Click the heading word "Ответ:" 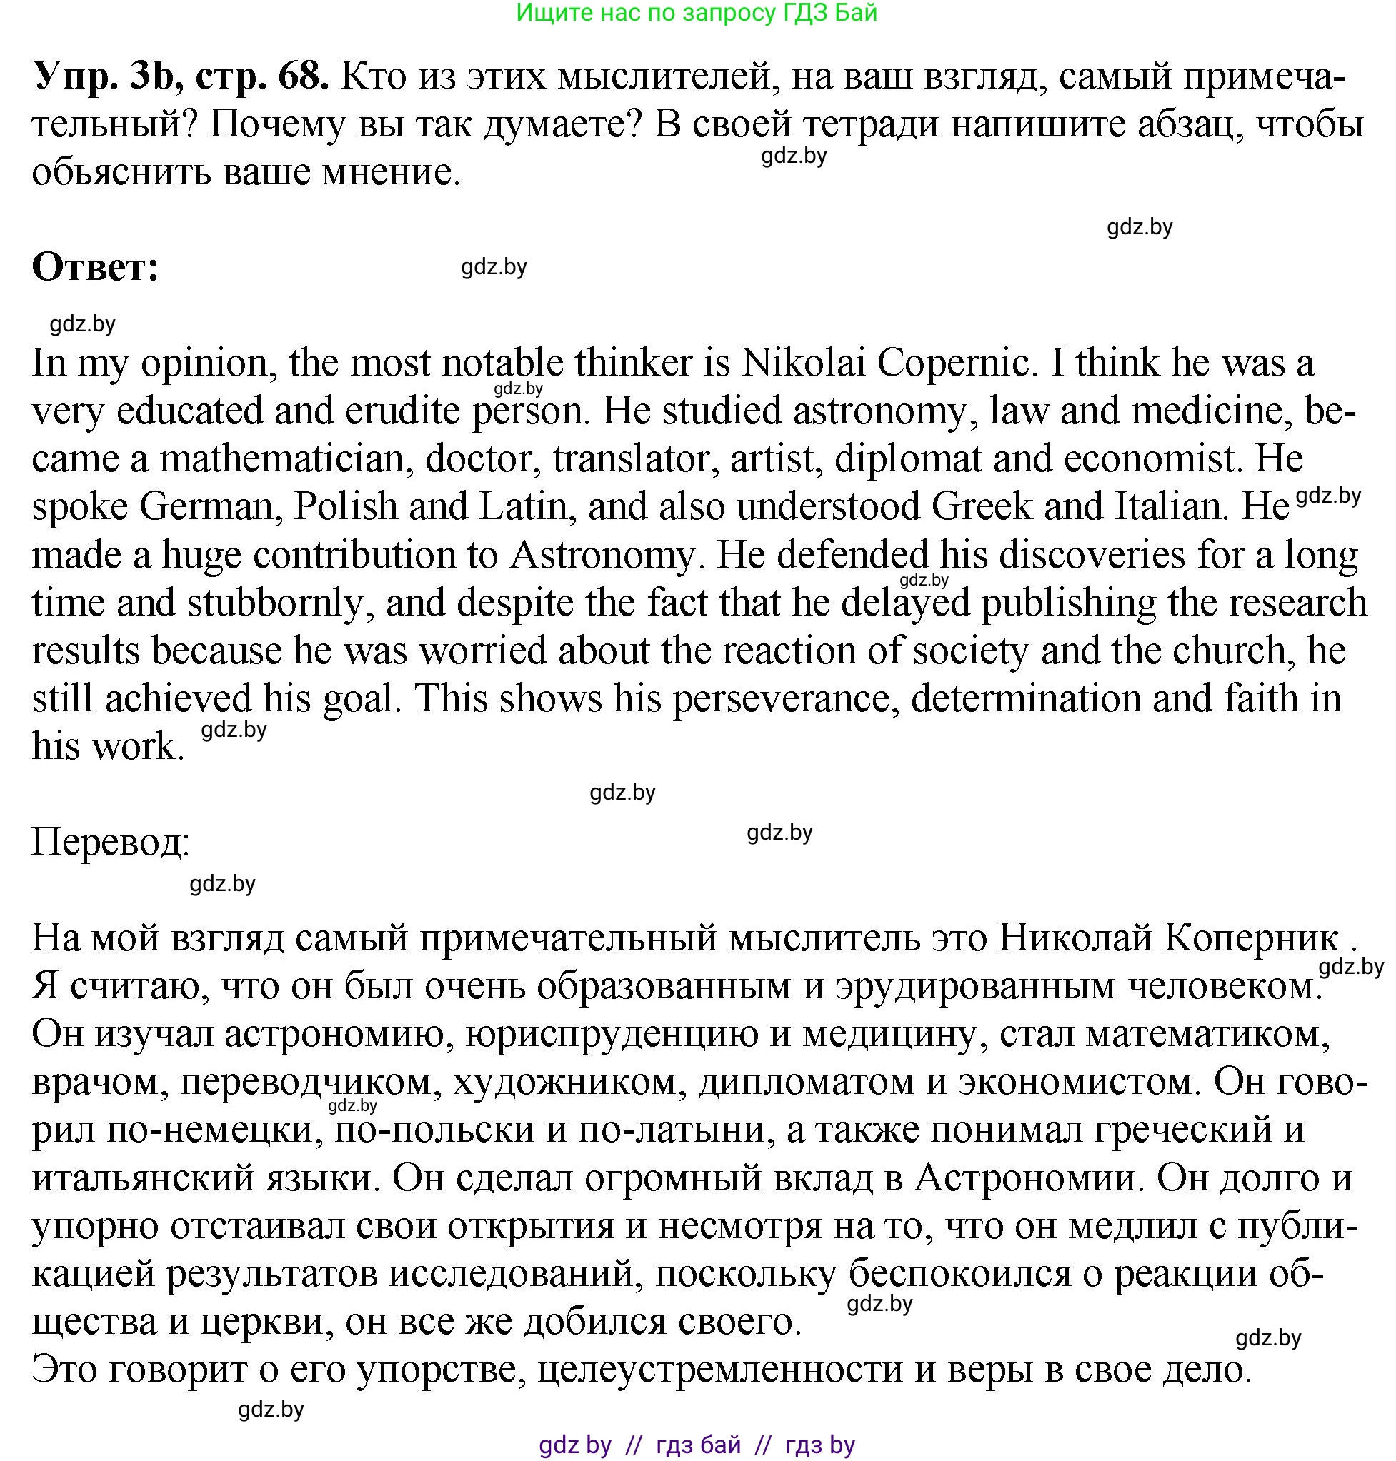click(95, 267)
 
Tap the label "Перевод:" click(111, 842)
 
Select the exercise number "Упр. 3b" click(103, 76)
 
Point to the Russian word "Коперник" click(1251, 938)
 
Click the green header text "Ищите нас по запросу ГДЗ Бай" click(697, 13)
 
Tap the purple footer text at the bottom click(697, 1445)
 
